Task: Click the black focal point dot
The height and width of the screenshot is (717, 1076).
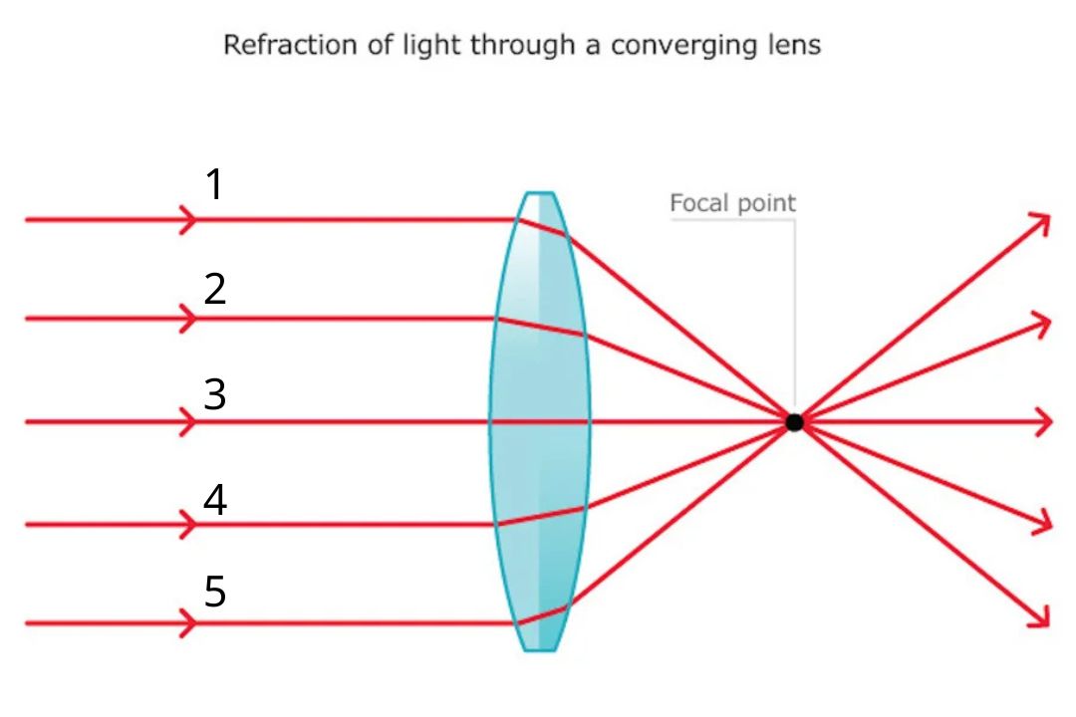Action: [794, 422]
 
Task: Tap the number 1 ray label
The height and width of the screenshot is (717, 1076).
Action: [214, 184]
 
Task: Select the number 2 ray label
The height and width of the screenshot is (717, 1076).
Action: [215, 290]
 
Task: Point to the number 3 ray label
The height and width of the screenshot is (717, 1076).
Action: [215, 395]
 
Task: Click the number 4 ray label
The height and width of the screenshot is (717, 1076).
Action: [215, 500]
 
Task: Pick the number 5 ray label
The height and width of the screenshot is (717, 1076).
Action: [215, 593]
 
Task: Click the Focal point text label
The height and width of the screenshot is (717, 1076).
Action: [732, 204]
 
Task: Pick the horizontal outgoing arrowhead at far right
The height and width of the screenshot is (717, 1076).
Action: [1044, 422]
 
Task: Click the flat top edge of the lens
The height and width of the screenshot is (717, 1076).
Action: [539, 193]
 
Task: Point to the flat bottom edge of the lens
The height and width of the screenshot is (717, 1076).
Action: [539, 650]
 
